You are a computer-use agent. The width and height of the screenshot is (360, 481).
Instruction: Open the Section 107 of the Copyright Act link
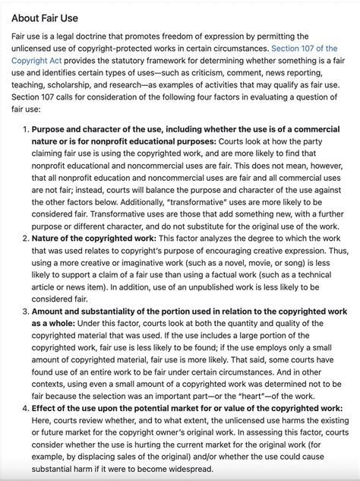click(x=304, y=48)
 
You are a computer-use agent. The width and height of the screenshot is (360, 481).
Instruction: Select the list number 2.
click(x=25, y=238)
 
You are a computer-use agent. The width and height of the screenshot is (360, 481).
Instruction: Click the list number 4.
click(x=25, y=407)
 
